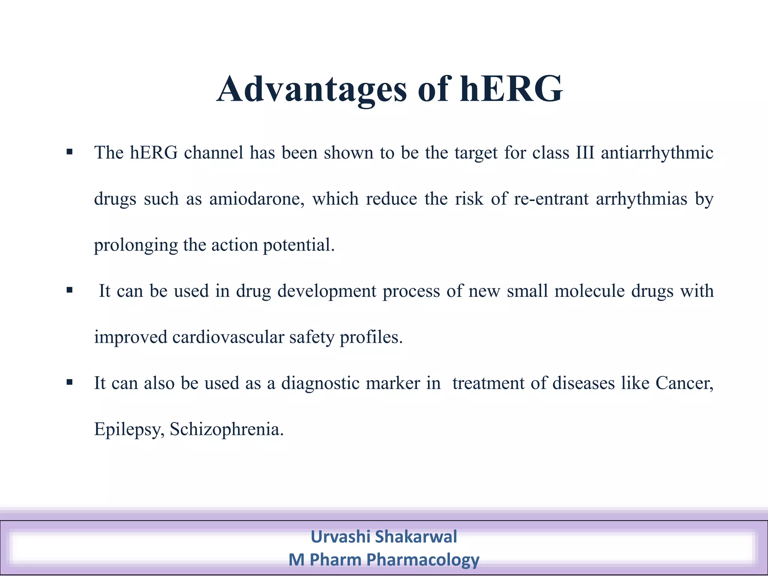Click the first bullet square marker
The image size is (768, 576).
(69, 152)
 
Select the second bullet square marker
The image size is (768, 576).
(69, 290)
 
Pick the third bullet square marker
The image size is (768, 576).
(69, 382)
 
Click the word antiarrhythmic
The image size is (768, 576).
(657, 153)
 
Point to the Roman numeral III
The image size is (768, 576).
(585, 153)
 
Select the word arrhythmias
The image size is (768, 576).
(641, 199)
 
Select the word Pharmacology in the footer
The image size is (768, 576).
(423, 560)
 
